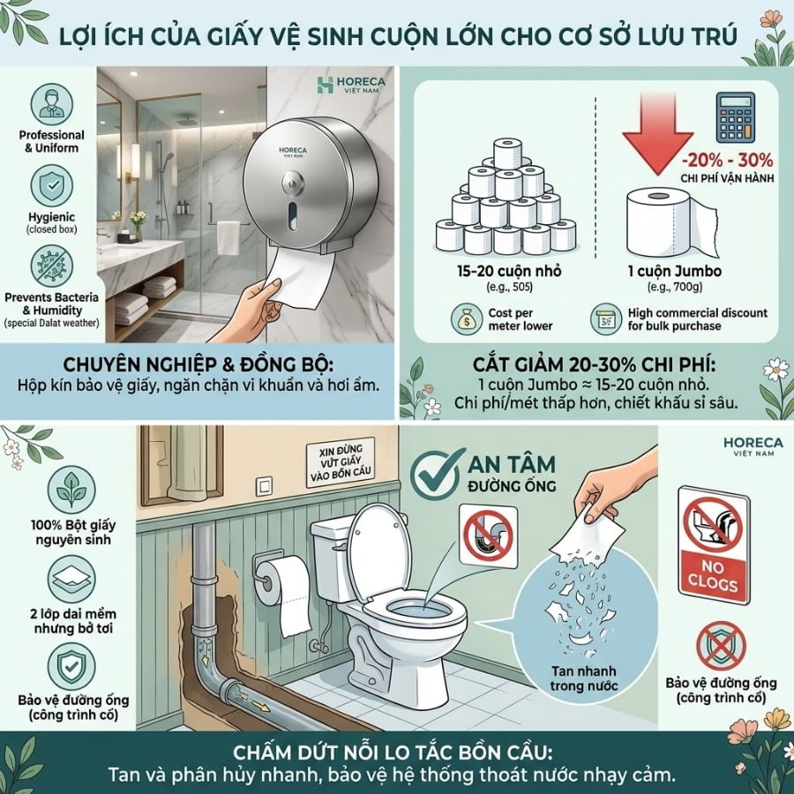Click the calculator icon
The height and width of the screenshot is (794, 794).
pos(735,117)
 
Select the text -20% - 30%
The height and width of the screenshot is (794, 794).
pos(727,160)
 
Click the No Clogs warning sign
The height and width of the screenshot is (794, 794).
pos(714,544)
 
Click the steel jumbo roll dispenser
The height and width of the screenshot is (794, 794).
pos(311,184)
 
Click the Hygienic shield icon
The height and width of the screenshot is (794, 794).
pos(52,186)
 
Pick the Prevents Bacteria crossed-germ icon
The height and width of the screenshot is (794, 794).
pos(52,266)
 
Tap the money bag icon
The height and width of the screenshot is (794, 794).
pos(466,319)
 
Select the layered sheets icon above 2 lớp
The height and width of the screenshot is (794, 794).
pos(71,580)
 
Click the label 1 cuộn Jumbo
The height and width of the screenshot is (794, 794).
pos(675,271)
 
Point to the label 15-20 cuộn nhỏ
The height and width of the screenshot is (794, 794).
pos(509,271)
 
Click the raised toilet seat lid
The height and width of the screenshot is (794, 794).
pos(378,549)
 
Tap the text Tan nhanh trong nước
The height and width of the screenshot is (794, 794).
pos(584,678)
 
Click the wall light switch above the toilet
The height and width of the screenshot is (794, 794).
pos(264,487)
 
